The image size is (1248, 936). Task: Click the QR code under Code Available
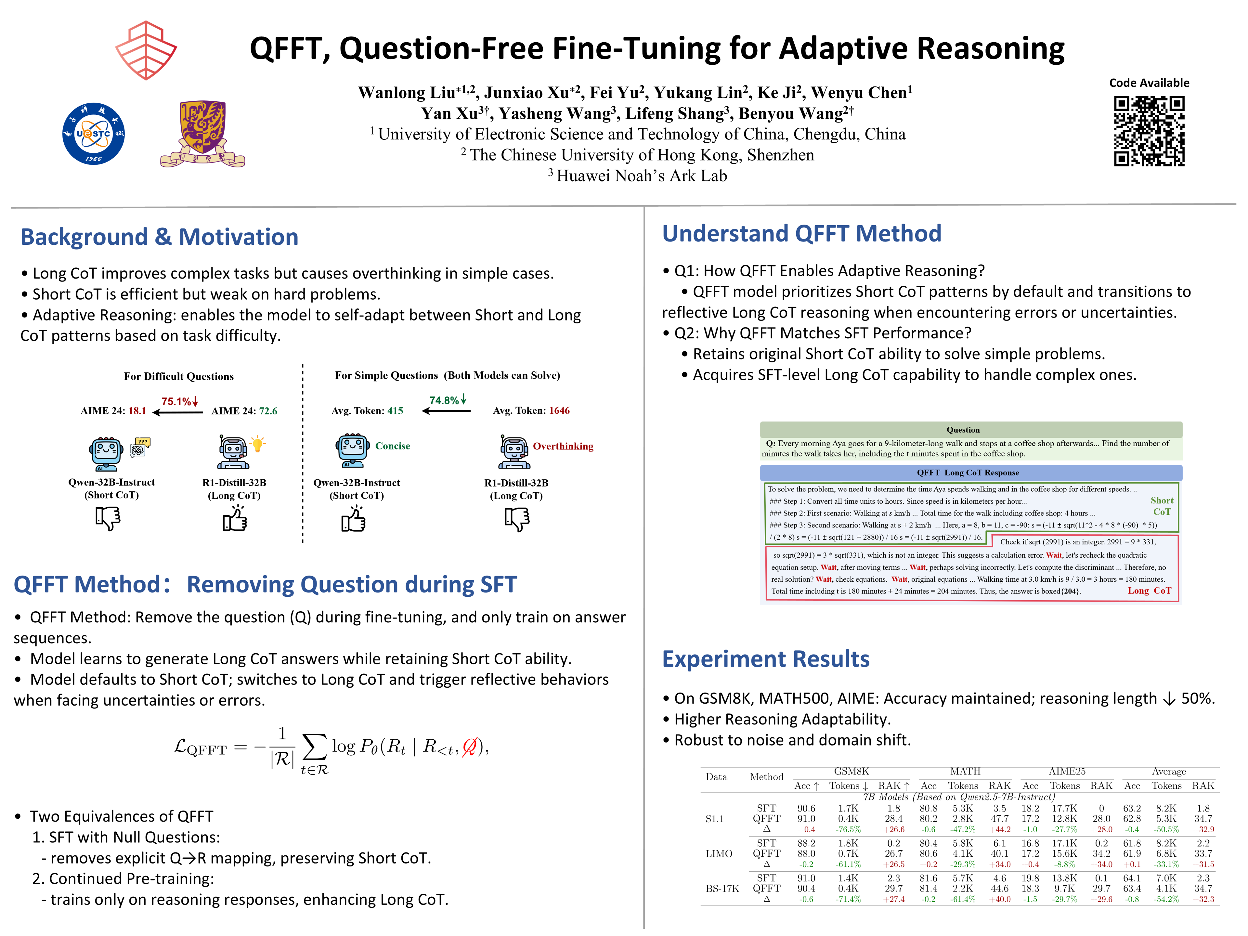tap(1149, 131)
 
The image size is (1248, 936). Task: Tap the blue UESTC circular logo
tap(94, 134)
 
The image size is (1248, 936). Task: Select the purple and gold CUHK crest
tap(202, 134)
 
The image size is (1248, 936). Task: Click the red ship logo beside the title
tap(146, 50)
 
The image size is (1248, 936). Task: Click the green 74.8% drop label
tap(448, 400)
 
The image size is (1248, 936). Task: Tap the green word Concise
tap(393, 446)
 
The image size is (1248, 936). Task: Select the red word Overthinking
tap(563, 446)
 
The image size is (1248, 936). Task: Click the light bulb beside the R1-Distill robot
tap(257, 444)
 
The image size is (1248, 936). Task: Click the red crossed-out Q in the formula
tap(469, 747)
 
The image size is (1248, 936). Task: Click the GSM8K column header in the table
tap(851, 771)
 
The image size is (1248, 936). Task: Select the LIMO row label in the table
tap(719, 854)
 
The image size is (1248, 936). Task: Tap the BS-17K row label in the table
tap(722, 889)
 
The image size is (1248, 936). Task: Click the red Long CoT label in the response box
tap(1149, 591)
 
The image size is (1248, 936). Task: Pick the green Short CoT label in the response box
tap(1162, 506)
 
